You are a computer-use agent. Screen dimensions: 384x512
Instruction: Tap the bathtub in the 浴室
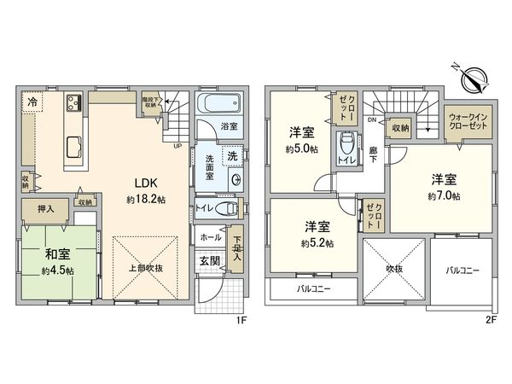218,108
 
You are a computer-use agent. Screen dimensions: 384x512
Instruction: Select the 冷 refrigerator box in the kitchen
31,101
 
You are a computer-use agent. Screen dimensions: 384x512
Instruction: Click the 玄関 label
210,259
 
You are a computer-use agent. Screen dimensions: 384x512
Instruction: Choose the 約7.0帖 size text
444,195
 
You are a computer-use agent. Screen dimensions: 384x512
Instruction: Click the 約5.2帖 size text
317,242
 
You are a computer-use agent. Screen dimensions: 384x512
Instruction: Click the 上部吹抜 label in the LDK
145,265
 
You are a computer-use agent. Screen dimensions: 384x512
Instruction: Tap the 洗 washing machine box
231,155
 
